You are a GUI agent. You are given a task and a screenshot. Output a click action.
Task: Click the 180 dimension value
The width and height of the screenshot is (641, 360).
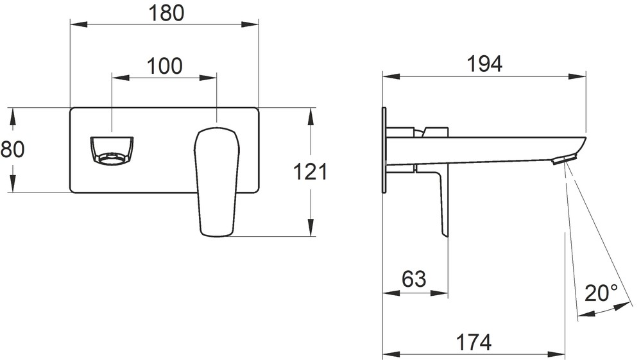[x=166, y=13]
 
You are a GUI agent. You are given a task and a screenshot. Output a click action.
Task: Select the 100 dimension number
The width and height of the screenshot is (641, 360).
[x=164, y=66]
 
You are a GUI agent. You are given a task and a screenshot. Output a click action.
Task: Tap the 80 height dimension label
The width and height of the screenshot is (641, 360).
[x=12, y=149]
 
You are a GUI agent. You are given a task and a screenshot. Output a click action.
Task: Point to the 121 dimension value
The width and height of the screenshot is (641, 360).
[x=311, y=171]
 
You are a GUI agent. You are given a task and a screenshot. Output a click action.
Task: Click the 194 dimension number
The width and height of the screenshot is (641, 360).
[x=484, y=64]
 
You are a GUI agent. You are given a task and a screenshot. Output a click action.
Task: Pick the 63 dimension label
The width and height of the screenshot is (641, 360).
[x=414, y=279]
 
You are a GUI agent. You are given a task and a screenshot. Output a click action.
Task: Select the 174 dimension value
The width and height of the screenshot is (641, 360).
[x=474, y=342]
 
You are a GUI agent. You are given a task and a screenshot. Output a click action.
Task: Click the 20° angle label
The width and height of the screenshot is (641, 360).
[x=601, y=293]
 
